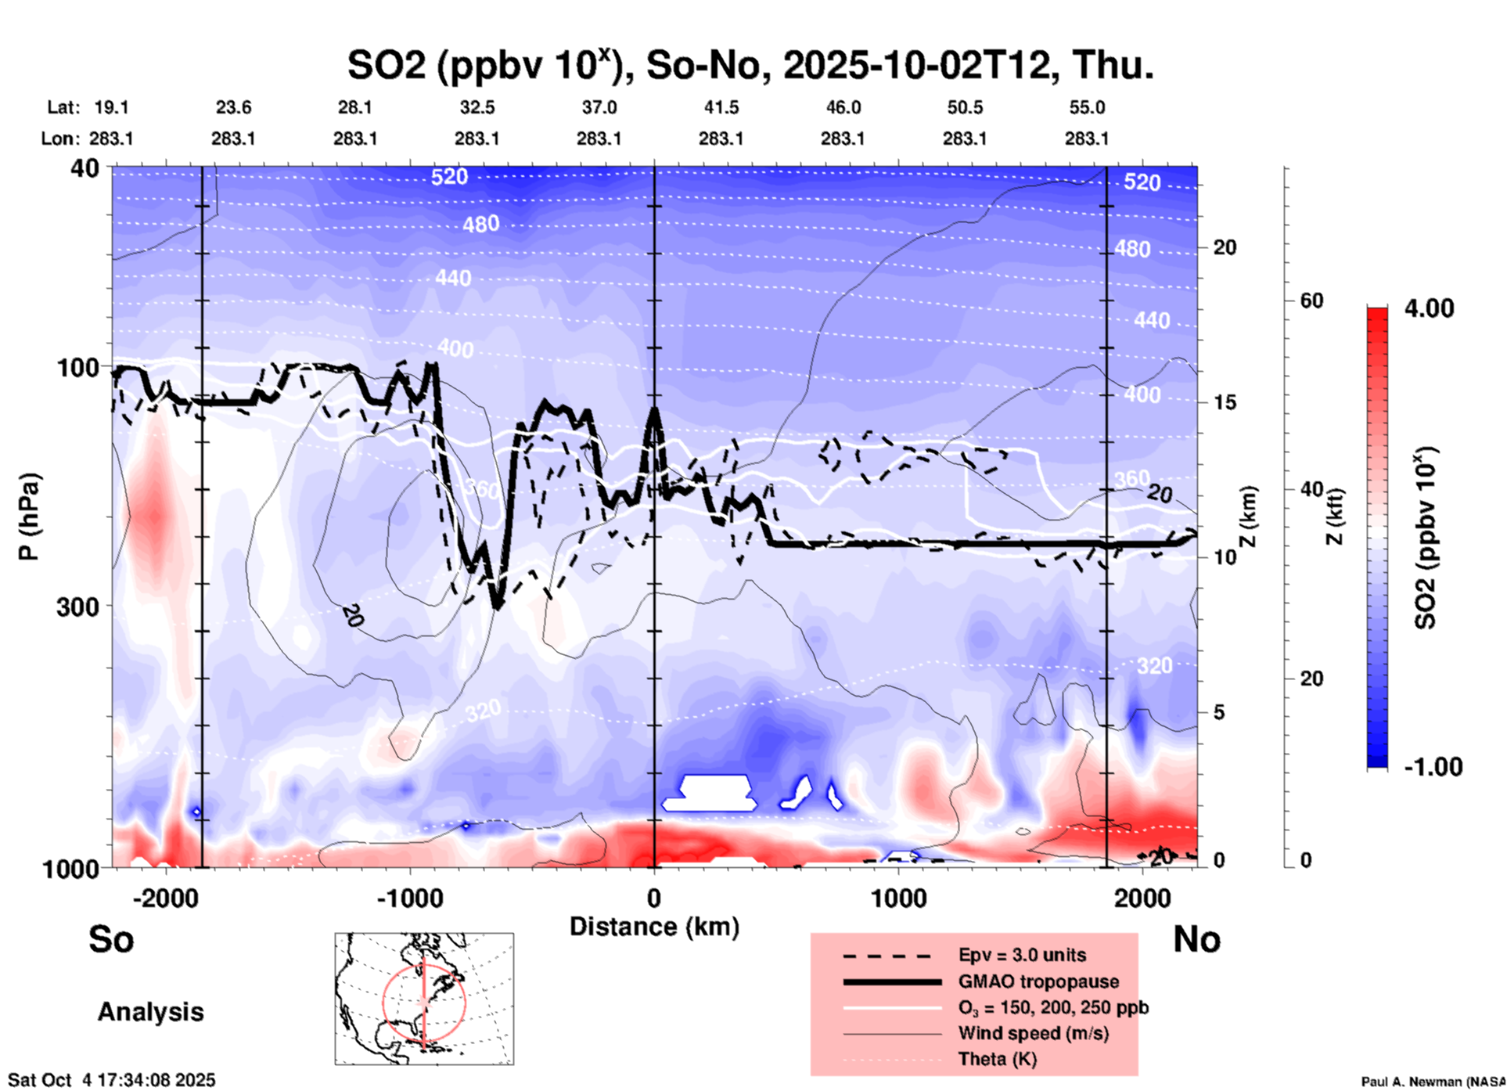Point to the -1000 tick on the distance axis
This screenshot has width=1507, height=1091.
[x=410, y=898]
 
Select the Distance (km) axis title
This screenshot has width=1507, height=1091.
[x=654, y=927]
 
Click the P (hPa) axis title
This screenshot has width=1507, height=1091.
[x=29, y=517]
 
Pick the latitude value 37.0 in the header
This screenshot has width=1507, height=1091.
[x=599, y=107]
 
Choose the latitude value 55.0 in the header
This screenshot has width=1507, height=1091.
[x=1087, y=107]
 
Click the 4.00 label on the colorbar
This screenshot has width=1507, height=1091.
[x=1429, y=308]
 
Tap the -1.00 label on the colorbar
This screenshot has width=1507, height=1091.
[x=1433, y=767]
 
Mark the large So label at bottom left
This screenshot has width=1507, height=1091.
[x=111, y=939]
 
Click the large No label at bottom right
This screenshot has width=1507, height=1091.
[x=1196, y=939]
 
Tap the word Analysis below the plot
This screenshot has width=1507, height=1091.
[x=150, y=1012]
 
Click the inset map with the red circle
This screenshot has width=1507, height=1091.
[x=424, y=999]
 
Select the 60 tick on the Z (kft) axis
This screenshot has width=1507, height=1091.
[x=1311, y=301]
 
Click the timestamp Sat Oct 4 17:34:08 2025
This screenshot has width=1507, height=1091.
[x=111, y=1081]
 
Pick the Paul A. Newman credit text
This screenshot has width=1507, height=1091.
[x=1433, y=1082]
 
